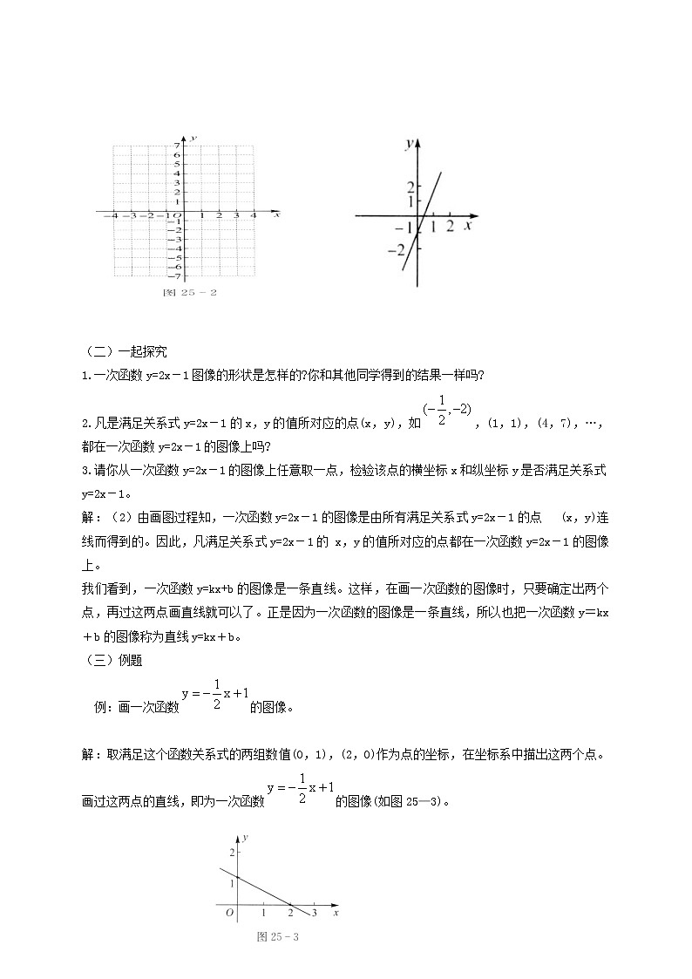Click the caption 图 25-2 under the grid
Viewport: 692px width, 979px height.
tap(190, 292)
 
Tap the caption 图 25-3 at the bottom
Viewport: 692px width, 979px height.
tap(278, 937)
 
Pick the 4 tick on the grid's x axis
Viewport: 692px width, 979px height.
tap(254, 215)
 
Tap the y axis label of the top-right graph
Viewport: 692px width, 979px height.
tap(409, 145)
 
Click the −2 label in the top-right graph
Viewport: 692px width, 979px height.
tap(401, 250)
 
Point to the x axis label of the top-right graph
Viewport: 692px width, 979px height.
tap(468, 226)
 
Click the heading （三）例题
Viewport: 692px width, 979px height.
tap(115, 660)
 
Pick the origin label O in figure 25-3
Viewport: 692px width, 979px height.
tap(229, 913)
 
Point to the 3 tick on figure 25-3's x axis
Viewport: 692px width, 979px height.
tap(315, 913)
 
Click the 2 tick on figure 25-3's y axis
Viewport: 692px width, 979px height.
tap(232, 852)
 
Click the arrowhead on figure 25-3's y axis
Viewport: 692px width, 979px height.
tap(238, 835)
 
